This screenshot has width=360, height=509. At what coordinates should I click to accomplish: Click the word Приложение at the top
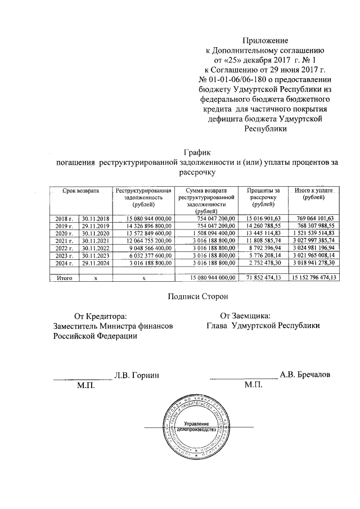coord(265,40)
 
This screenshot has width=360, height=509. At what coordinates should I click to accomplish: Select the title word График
coord(197,152)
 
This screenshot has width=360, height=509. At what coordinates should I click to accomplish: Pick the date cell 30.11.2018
coord(95,218)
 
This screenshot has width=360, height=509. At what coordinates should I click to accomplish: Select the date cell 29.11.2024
coord(95,262)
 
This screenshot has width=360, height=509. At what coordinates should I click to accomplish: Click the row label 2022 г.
coord(64,247)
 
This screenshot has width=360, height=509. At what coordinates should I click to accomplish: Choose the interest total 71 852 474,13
coord(261,277)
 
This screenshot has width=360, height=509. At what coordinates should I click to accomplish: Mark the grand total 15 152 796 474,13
coord(310,277)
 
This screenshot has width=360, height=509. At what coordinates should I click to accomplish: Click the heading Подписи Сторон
coord(197,295)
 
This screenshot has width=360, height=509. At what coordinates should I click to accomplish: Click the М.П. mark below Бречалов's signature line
coord(253,385)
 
